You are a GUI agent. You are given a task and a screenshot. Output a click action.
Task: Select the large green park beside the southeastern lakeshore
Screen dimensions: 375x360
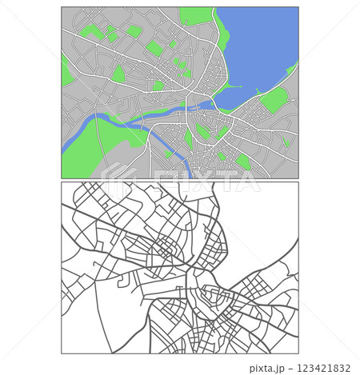pyautogui.click(x=274, y=101)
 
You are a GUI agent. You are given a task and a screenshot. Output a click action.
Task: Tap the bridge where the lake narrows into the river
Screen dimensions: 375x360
pyautogui.click(x=212, y=102)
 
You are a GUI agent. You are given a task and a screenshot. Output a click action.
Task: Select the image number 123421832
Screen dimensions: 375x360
pyautogui.click(x=322, y=369)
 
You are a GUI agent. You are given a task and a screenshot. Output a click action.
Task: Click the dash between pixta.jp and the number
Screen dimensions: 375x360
pyautogui.click(x=290, y=369)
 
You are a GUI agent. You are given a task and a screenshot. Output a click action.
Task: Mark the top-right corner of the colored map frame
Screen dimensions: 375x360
pyautogui.click(x=298, y=7)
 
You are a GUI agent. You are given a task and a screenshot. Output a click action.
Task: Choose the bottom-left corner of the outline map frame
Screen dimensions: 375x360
pyautogui.click(x=62, y=353)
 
